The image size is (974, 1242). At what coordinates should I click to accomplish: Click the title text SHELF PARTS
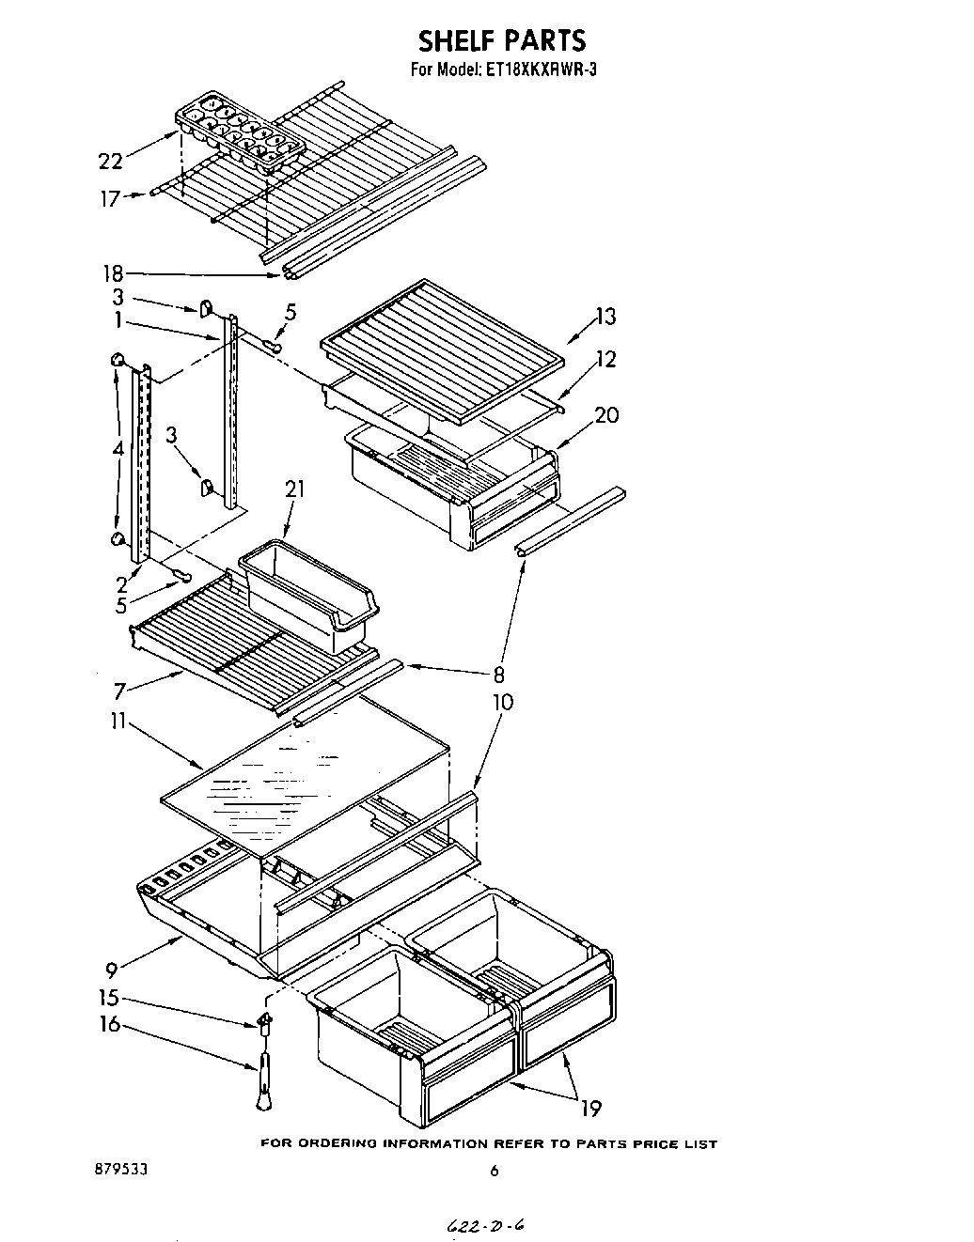(x=501, y=40)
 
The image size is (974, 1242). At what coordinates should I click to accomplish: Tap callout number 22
(x=110, y=162)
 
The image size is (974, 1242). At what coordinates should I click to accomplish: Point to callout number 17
(x=110, y=198)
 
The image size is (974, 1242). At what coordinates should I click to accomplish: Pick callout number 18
(x=112, y=274)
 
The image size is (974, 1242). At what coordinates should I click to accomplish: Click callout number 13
(x=605, y=317)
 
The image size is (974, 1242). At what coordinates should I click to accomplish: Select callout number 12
(x=605, y=359)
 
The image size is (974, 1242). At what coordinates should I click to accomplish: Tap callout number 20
(x=606, y=414)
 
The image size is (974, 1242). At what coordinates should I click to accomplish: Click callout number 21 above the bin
(x=296, y=489)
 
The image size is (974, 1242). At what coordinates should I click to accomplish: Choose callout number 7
(x=119, y=691)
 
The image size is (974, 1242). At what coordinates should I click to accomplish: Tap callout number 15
(x=110, y=999)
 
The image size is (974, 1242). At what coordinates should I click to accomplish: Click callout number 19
(x=590, y=1108)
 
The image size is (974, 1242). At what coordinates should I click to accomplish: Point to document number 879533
(x=120, y=1171)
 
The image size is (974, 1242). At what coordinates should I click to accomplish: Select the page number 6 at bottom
(x=494, y=1171)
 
